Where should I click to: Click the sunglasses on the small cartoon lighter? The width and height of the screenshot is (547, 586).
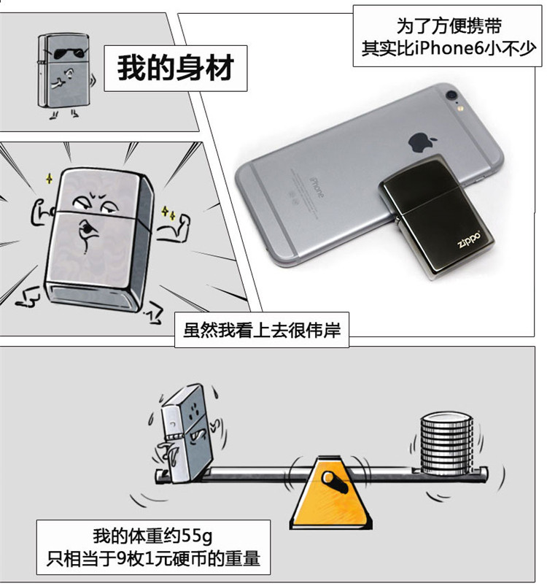pyautogui.click(x=63, y=55)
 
